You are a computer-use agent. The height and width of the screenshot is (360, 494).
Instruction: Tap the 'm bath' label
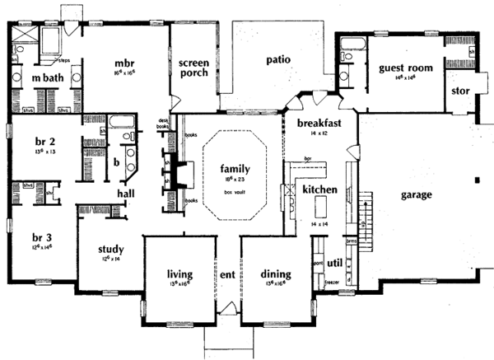pyautogui.click(x=37, y=77)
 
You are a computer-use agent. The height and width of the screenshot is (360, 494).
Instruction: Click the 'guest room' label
pyautogui.click(x=400, y=68)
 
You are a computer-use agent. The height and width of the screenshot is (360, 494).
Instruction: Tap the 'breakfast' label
pyautogui.click(x=319, y=123)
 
